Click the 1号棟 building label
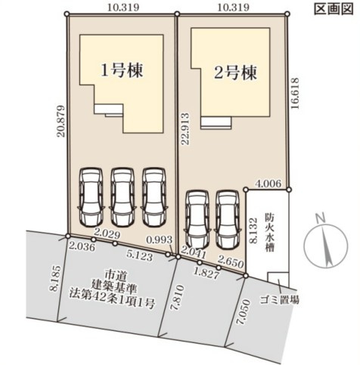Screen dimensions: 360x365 pyautogui.click(x=122, y=70)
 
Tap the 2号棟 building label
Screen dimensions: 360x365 pyautogui.click(x=235, y=73)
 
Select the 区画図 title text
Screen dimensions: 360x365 pyautogui.click(x=334, y=9)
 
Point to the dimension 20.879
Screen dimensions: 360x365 pyautogui.click(x=61, y=121)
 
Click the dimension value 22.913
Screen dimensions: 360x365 pyautogui.click(x=185, y=128)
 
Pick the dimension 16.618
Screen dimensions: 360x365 pyautogui.click(x=295, y=93)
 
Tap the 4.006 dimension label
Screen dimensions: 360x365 pyautogui.click(x=267, y=184)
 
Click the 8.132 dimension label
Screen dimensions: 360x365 pyautogui.click(x=253, y=230)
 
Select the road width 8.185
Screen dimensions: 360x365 pyautogui.click(x=57, y=278)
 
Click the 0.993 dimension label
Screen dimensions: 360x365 pyautogui.click(x=160, y=240)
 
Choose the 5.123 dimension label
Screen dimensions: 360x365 pyautogui.click(x=140, y=256)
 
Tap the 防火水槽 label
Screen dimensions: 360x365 pyautogui.click(x=269, y=234)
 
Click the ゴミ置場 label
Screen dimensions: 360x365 pyautogui.click(x=280, y=300)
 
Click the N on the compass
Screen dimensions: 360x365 pyautogui.click(x=321, y=218)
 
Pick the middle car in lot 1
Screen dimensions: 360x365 pyautogui.click(x=123, y=197)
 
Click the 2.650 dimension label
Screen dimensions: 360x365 pyautogui.click(x=231, y=264)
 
